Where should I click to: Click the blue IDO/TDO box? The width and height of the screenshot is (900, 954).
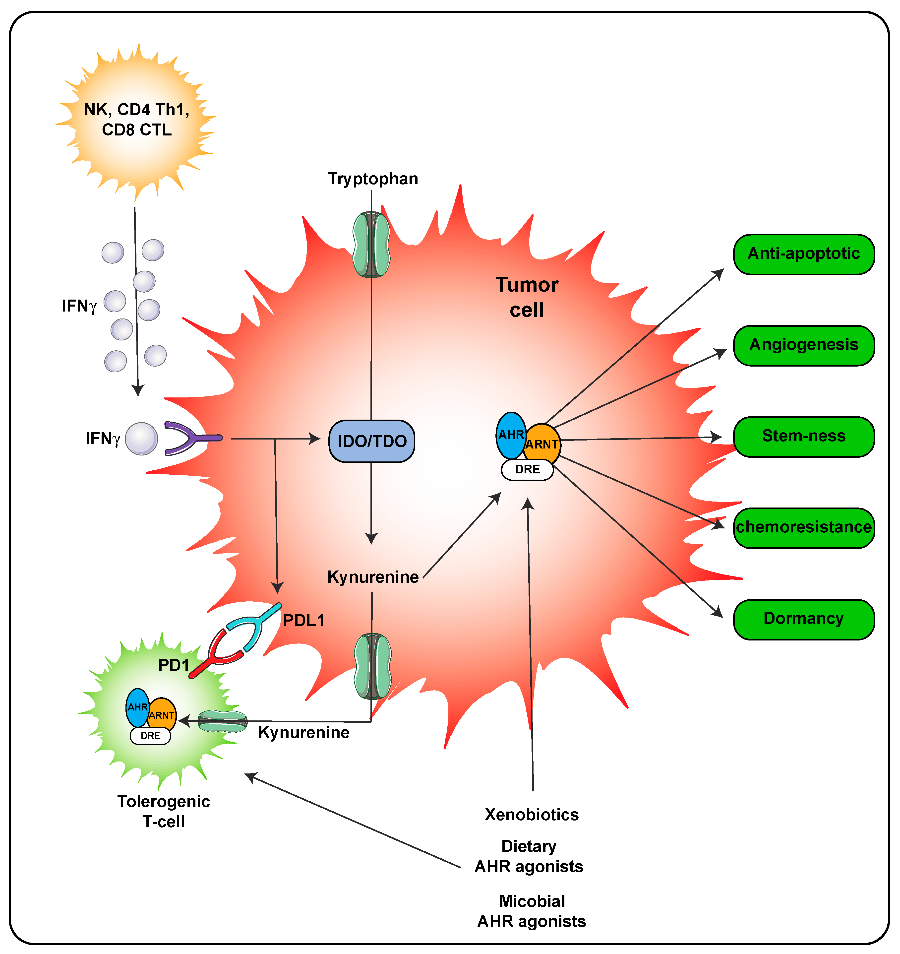tap(372, 441)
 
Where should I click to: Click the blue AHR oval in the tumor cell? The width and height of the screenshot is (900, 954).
tap(511, 435)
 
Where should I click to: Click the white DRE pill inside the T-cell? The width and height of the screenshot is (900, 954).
tap(150, 736)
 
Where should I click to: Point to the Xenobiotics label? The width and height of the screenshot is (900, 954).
tap(532, 815)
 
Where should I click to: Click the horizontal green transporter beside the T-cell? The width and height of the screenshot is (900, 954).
tap(223, 721)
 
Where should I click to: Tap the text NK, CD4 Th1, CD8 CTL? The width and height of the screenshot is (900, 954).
tap(137, 120)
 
